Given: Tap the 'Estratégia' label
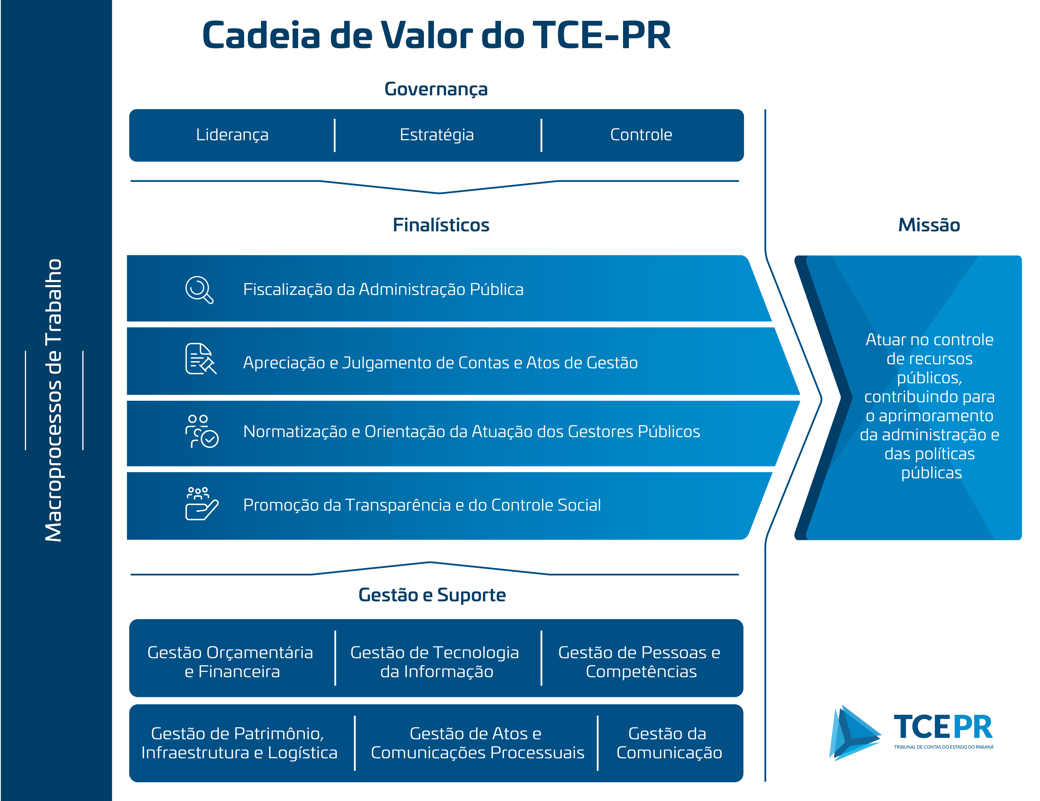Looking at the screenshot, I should pos(437,135).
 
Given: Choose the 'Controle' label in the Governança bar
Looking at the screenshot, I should pos(641,135).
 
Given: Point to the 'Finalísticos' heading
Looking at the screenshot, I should pos(441,225).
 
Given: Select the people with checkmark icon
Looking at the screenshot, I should pos(201,431).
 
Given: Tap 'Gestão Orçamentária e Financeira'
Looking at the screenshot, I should pos(230,662).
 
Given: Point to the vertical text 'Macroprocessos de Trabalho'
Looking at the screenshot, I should pos(53,400).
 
